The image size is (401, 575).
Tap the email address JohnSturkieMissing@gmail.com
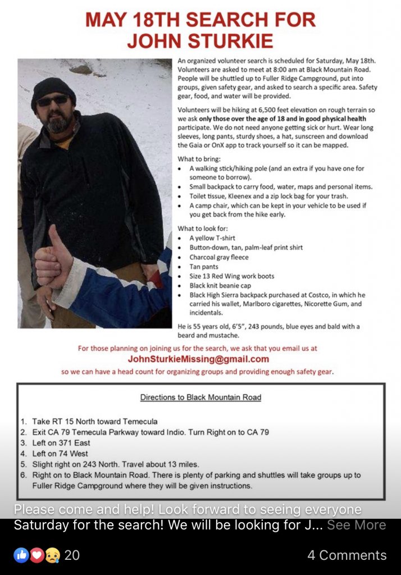click(x=198, y=359)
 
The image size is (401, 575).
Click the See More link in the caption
click(x=357, y=525)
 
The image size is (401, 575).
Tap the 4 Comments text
click(x=347, y=555)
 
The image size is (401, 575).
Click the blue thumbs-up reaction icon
click(x=21, y=555)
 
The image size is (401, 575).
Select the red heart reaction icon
click(x=37, y=555)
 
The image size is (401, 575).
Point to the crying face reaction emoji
click(x=52, y=555)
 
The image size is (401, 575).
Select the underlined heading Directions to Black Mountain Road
click(x=200, y=398)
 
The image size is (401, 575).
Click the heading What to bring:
click(x=199, y=159)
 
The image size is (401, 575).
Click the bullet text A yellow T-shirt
click(x=212, y=238)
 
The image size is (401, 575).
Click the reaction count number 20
click(x=72, y=555)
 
